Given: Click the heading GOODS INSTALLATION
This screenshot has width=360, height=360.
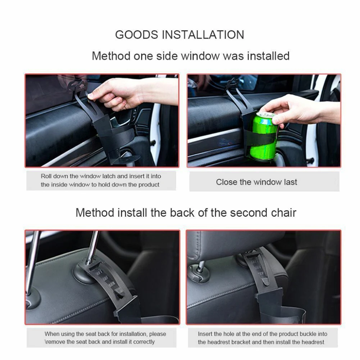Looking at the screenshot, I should (179, 35).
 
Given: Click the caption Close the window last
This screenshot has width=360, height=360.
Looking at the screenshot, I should (256, 182).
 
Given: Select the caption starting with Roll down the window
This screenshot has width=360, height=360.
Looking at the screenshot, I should (101, 181).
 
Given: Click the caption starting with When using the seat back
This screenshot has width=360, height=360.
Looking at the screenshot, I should (105, 338).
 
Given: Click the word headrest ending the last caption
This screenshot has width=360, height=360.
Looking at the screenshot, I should (312, 342).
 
